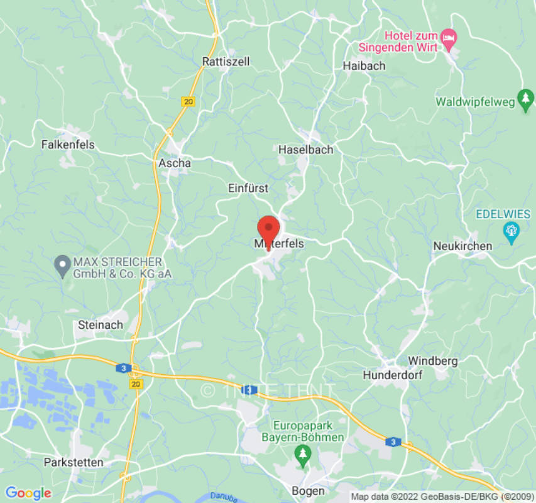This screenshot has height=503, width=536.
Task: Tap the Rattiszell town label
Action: [226, 62]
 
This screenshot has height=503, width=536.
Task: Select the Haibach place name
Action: [364, 65]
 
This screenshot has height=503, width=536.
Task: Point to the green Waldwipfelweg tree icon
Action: [525, 100]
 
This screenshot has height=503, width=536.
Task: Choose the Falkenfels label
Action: [68, 145]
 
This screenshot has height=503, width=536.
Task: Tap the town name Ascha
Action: [174, 163]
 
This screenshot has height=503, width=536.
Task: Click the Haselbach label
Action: [305, 150]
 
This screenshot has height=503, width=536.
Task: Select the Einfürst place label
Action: [248, 188]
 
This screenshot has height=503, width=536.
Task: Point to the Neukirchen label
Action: [462, 246]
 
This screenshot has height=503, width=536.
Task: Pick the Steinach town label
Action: [100, 325]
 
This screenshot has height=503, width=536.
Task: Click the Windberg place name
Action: [433, 361]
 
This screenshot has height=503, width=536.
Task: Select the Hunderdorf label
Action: [393, 375]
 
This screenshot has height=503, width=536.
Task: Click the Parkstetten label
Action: [74, 462]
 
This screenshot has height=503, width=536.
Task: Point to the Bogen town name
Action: [309, 491]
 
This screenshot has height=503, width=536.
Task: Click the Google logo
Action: [28, 494]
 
